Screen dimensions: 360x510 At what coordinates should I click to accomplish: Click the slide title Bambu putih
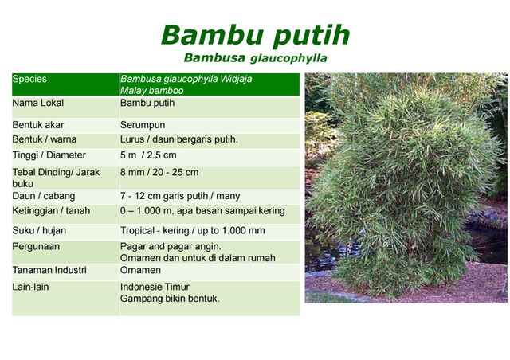[254, 35]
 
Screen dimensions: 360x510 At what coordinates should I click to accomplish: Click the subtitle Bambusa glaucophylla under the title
[255, 58]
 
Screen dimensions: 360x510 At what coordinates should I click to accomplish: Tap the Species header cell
[29, 80]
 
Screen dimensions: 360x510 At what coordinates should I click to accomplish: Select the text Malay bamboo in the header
[149, 91]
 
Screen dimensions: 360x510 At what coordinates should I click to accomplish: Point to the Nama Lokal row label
[38, 104]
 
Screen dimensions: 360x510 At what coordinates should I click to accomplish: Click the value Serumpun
[143, 125]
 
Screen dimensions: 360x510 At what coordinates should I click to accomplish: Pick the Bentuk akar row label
[38, 125]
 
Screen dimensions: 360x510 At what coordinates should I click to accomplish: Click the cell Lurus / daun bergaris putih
[178, 139]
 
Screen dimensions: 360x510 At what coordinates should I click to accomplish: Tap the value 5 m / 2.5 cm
[148, 155]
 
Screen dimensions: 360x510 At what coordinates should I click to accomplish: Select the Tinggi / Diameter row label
[49, 155]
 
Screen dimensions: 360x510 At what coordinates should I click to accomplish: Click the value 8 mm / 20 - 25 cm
[159, 172]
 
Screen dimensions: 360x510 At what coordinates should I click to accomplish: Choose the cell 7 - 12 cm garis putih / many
[179, 196]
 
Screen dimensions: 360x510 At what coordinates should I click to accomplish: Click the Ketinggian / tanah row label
[51, 211]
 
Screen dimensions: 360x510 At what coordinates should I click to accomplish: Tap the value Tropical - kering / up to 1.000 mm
[192, 231]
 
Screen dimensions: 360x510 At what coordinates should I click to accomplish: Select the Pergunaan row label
[36, 247]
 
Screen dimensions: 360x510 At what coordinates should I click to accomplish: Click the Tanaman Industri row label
[49, 271]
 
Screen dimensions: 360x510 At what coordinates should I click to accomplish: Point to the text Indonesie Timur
[155, 287]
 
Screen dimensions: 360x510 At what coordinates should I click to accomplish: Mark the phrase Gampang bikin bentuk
[170, 299]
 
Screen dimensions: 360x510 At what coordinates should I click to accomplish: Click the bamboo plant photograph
[406, 187]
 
